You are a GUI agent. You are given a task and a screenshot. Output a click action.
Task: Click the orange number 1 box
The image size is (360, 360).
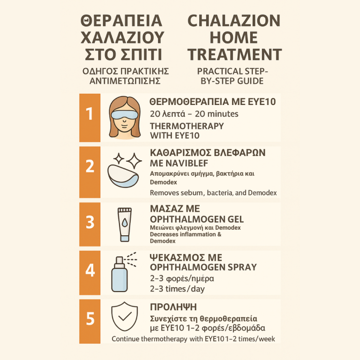tap(90, 118)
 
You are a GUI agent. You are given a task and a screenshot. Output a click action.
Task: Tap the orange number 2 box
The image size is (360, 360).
tap(90, 172)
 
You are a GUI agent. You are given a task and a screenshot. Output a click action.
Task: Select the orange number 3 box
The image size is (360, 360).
tap(90, 225)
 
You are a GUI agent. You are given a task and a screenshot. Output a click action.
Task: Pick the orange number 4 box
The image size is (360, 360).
tap(90, 272)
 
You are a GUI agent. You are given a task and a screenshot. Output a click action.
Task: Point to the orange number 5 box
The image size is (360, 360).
tap(90, 321)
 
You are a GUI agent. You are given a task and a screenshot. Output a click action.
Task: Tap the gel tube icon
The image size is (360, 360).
tap(124, 225)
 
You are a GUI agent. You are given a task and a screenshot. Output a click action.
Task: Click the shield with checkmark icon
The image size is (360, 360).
tap(124, 316)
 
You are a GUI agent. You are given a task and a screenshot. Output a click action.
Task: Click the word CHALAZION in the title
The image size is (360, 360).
tap(234, 21)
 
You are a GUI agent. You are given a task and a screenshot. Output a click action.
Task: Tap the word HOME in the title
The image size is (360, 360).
tap(233, 37)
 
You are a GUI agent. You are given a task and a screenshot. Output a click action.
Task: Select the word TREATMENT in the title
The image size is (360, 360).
tap(235, 54)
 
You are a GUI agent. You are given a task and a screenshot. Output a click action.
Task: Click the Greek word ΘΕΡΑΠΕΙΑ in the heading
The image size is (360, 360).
tap(121, 21)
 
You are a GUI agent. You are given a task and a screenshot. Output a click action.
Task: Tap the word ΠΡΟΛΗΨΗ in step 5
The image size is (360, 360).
tap(173, 307)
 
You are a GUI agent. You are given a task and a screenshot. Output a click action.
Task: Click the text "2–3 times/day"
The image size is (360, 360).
tap(177, 289)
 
